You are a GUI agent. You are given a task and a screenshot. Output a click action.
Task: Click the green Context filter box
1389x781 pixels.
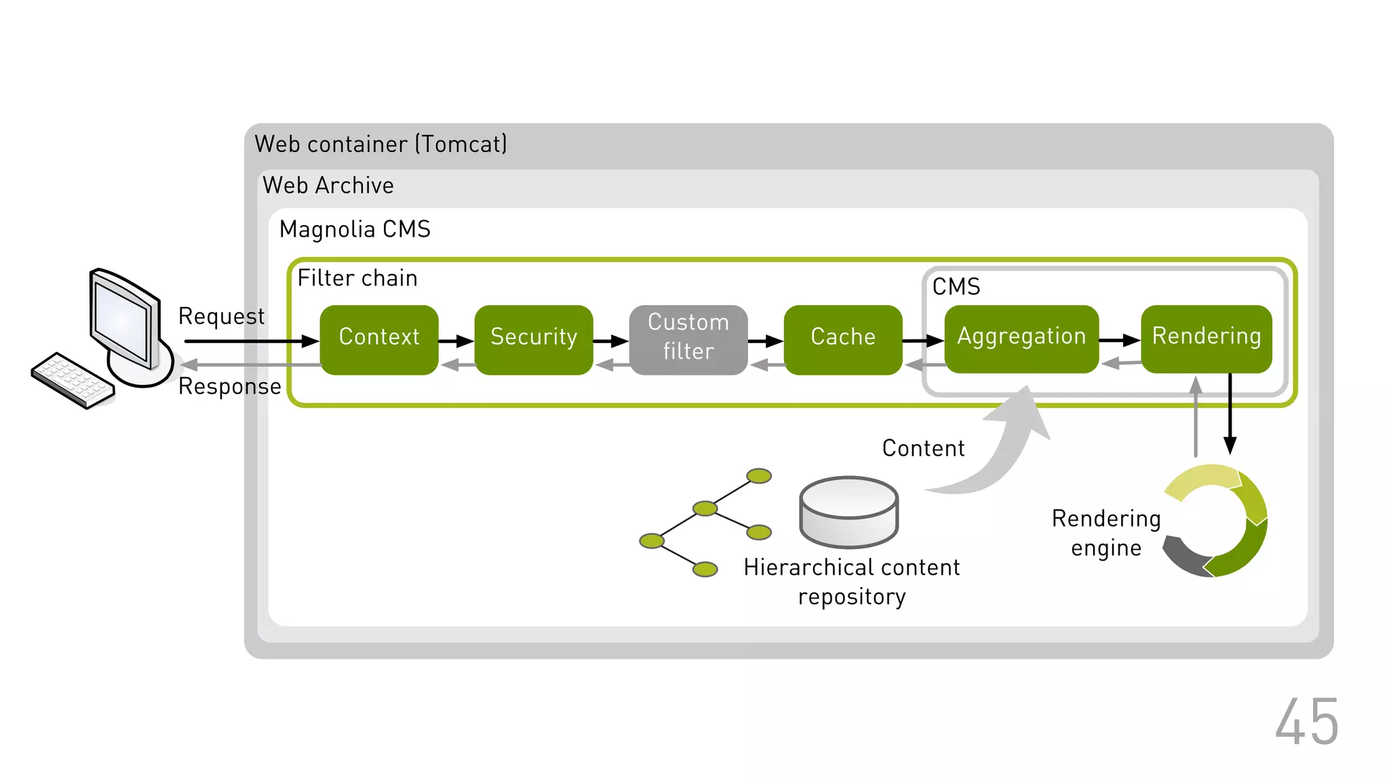coord(379,339)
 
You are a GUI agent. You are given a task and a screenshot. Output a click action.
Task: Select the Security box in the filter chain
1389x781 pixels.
coord(534,339)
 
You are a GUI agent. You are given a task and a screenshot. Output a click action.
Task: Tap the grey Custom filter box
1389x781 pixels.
coord(688,339)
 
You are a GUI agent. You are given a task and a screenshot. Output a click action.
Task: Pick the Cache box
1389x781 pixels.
coord(843,339)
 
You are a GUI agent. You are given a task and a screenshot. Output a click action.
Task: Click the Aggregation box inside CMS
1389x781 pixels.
coord(1021,338)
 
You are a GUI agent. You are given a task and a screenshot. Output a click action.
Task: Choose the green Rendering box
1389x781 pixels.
coord(1207,338)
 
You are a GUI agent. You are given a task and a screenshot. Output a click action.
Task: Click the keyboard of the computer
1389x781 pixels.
coord(73,380)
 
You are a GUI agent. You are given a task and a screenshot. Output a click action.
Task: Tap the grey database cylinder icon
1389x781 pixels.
coord(848,511)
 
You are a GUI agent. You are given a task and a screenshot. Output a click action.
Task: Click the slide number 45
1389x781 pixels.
coord(1306,723)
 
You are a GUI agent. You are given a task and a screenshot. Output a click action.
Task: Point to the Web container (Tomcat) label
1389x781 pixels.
coord(380,144)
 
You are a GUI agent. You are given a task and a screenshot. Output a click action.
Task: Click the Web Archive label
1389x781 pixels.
coord(328,186)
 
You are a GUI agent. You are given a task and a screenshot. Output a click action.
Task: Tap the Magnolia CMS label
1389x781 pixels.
coord(355,229)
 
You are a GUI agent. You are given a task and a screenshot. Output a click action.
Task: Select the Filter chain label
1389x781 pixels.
coord(357,278)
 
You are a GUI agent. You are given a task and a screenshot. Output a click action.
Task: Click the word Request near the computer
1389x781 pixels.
coord(221,317)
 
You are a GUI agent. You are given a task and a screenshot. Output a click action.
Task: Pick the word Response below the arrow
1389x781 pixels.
coord(229,386)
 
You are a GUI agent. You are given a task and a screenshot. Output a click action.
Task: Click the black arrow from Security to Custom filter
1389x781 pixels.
coord(610,341)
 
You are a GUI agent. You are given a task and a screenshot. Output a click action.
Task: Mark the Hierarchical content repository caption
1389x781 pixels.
coord(852,582)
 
